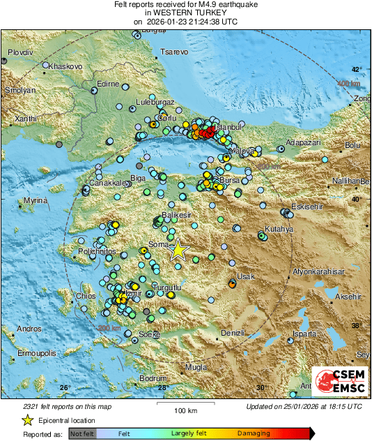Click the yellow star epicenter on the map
coord(178,250)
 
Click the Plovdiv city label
coord(21,53)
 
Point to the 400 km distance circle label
coord(348,84)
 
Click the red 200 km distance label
coord(109,329)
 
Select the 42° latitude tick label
coord(356,69)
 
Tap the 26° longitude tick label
coord(65,388)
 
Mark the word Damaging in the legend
coord(254,433)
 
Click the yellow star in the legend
coord(27,420)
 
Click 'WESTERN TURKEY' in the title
coord(185,13)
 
